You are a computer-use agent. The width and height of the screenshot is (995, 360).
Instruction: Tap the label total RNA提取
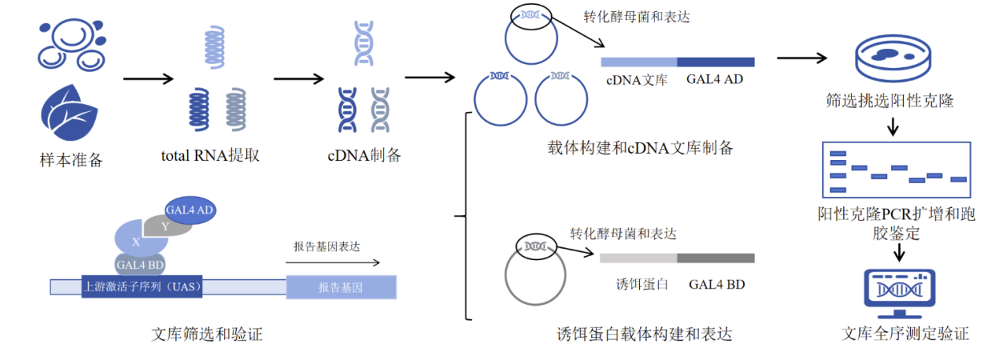pyautogui.click(x=210, y=155)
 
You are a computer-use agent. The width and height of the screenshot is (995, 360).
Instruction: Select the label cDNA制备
pyautogui.click(x=364, y=155)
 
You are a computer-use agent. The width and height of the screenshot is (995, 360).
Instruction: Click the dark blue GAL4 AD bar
pyautogui.click(x=716, y=62)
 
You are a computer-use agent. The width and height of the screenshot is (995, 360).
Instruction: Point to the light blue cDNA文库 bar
pyautogui.click(x=638, y=62)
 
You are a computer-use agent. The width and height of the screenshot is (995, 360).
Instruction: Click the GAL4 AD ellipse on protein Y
pyautogui.click(x=190, y=210)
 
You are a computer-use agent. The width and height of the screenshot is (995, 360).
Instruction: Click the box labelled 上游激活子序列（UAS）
pyautogui.click(x=142, y=286)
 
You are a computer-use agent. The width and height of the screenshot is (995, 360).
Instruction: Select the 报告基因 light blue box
pyautogui.click(x=341, y=286)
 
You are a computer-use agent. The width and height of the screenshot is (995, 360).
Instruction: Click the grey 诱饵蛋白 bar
pyautogui.click(x=638, y=258)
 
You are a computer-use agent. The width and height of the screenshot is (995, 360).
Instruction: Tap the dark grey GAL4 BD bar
pyautogui.click(x=716, y=258)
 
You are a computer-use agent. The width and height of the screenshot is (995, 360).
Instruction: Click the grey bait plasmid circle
pyautogui.click(x=534, y=276)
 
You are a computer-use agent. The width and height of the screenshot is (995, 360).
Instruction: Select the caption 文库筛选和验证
pyautogui.click(x=206, y=335)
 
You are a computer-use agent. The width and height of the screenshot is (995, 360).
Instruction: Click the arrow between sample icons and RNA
pyautogui.click(x=148, y=78)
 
